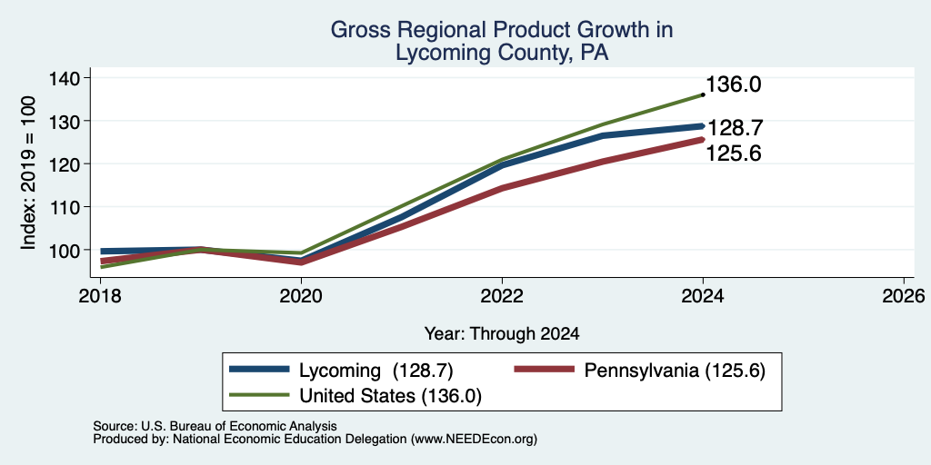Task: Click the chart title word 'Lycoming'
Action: pyautogui.click(x=434, y=54)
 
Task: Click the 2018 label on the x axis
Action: pyautogui.click(x=100, y=295)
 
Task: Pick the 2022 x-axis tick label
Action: pyautogui.click(x=502, y=295)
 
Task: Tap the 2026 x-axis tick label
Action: pyautogui.click(x=904, y=295)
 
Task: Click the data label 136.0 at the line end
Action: pyautogui.click(x=734, y=84)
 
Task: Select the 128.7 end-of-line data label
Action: pyautogui.click(x=734, y=129)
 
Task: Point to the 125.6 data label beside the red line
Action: pyautogui.click(x=734, y=154)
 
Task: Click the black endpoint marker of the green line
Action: pyautogui.click(x=703, y=94)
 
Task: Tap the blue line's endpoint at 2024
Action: pyautogui.click(x=703, y=125)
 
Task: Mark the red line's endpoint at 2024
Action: pyautogui.click(x=703, y=139)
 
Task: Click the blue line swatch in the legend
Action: pyautogui.click(x=259, y=370)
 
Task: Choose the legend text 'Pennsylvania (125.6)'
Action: pyautogui.click(x=675, y=371)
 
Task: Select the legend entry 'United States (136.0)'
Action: pyautogui.click(x=390, y=396)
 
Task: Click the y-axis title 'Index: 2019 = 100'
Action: pyautogui.click(x=28, y=173)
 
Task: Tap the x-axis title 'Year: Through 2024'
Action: pyautogui.click(x=502, y=334)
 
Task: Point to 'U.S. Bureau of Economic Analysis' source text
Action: pyautogui.click(x=239, y=426)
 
